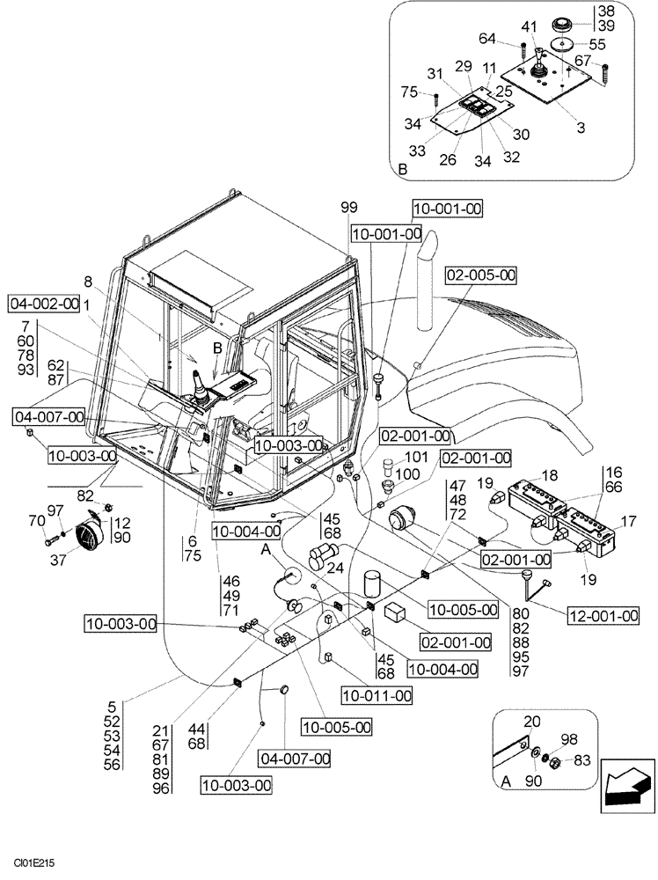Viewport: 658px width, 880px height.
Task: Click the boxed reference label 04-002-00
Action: (x=44, y=304)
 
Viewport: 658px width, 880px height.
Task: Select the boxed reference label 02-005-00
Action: (x=479, y=275)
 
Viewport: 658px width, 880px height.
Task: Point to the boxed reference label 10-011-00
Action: (x=377, y=695)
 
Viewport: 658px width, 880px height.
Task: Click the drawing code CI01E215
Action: (x=34, y=866)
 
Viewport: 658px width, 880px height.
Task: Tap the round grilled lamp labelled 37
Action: (x=88, y=536)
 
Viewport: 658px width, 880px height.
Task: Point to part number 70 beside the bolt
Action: (x=36, y=520)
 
